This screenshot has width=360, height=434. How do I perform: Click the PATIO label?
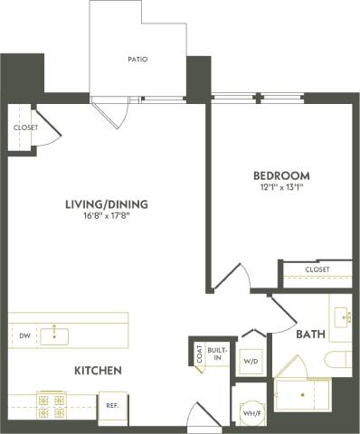pos(137,60)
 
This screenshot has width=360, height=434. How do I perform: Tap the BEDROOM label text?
pos(280,175)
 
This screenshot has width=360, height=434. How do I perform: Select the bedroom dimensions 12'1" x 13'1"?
pos(280,188)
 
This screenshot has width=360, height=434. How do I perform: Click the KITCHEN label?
pos(99,371)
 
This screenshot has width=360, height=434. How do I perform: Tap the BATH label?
pos(310,335)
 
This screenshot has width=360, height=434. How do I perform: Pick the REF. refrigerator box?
pos(114,405)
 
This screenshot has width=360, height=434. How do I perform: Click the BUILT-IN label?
pos(218,353)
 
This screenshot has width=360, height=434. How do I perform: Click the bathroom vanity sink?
pos(343,316)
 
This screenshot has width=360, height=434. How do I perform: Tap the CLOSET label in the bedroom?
pos(317,269)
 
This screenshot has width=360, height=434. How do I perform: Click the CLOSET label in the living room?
pos(25,127)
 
